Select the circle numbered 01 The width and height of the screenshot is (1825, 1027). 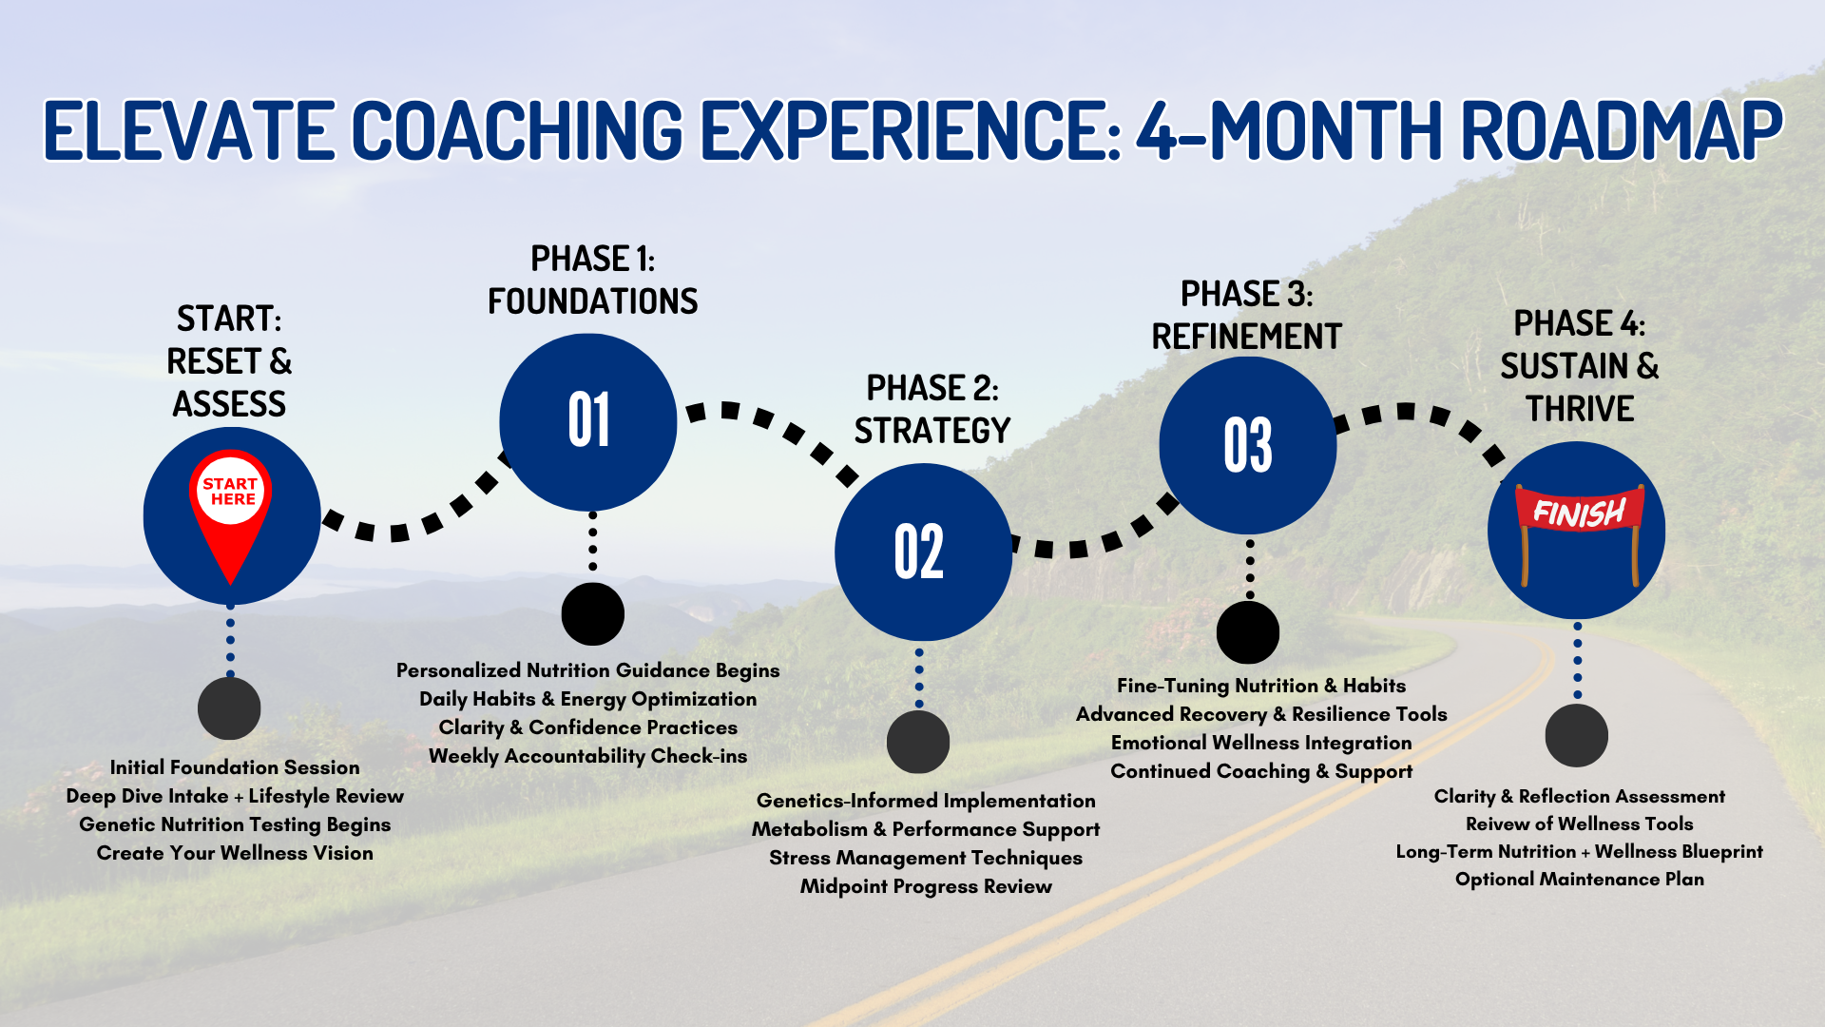588,421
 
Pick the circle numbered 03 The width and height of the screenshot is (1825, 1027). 1247,445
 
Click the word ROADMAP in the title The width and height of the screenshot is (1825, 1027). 1621,130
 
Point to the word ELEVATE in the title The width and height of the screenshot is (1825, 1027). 188,130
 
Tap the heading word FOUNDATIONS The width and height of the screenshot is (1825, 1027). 592,301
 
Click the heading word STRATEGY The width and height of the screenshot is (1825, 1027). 932,431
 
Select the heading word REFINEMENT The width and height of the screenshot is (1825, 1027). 1246,337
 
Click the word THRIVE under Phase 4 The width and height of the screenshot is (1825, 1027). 1580,409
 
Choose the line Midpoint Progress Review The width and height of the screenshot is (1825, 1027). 926,886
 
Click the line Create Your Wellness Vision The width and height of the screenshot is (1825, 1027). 235,853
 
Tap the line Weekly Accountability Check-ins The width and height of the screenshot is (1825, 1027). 587,756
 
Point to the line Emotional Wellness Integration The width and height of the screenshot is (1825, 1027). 1261,743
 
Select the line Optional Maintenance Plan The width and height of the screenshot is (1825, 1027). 1579,880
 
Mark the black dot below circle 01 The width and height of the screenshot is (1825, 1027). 592,614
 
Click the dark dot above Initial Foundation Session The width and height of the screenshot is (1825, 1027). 229,708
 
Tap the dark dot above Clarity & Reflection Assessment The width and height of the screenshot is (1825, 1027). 1576,735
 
